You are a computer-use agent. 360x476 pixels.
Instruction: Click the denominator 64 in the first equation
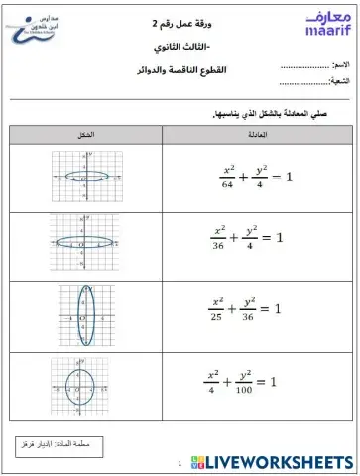tap(227, 183)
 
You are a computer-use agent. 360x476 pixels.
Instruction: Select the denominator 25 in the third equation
tap(218, 318)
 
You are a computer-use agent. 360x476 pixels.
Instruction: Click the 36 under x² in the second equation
tap(220, 247)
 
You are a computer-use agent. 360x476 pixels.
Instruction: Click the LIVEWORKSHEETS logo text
tap(283, 462)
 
